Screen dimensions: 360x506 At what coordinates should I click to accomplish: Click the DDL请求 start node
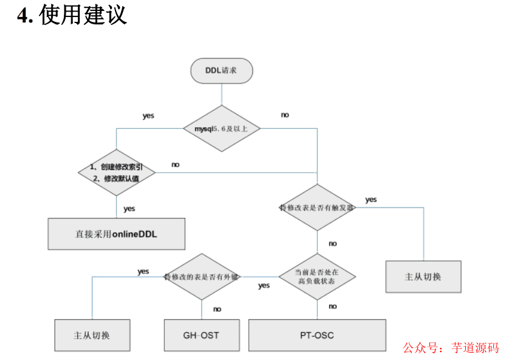coord(221,71)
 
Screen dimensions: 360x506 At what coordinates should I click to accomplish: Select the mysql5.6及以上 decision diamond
coord(223,128)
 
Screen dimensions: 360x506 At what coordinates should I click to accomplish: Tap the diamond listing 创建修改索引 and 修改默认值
coord(117,172)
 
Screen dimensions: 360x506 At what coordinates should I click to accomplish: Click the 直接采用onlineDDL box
coord(116,234)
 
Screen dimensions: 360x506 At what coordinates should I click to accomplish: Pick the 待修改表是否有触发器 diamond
coord(317,207)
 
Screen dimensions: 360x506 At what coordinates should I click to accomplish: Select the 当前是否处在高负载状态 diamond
coord(317,277)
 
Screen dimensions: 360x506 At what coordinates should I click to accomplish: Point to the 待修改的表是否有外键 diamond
coord(202,277)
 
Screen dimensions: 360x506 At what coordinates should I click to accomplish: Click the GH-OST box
coord(201,335)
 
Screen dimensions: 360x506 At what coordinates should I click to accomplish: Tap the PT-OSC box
coord(317,335)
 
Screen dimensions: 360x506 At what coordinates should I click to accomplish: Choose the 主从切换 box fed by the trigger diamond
coord(423,277)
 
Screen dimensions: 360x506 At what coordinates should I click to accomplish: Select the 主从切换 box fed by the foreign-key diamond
coord(92,335)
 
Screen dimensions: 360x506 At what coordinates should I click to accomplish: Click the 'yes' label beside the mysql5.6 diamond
coord(148,116)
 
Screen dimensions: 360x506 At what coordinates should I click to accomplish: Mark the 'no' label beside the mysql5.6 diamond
coord(285,115)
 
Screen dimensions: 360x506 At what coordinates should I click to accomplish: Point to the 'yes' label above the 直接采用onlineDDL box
coord(130,209)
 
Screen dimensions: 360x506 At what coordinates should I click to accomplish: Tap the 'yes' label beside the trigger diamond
coord(371,199)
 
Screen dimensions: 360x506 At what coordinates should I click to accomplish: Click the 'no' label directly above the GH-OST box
coord(217,309)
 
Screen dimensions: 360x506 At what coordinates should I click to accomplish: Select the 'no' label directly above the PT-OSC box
coord(333,306)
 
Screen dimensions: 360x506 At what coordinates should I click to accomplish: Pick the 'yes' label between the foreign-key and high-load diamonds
coord(264,285)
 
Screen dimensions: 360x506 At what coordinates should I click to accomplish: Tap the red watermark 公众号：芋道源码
coord(451,347)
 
